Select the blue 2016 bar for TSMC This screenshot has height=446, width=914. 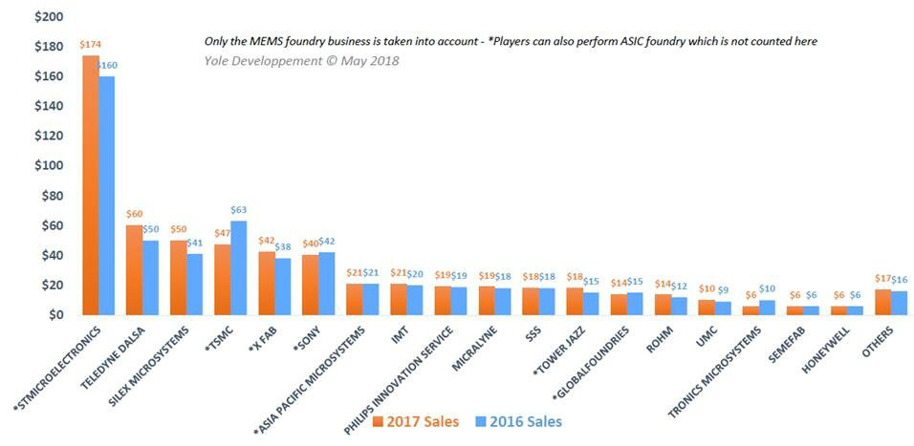238,267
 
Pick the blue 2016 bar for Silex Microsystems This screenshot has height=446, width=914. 194,284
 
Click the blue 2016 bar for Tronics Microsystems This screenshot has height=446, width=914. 768,307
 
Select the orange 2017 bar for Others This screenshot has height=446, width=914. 882,302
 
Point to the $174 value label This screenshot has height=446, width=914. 90,46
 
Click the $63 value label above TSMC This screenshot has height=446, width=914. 240,211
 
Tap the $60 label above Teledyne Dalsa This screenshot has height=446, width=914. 135,215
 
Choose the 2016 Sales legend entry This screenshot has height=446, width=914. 520,420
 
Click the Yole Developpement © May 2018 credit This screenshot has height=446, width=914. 301,60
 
